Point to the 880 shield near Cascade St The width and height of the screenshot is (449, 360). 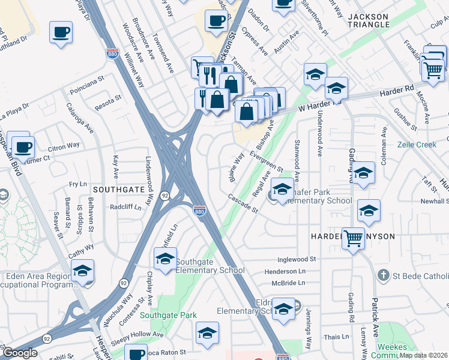[x=200, y=211]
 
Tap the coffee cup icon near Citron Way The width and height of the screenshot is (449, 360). [x=23, y=147]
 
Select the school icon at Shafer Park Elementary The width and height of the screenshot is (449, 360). [x=280, y=190]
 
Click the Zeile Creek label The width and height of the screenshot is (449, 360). [x=417, y=145]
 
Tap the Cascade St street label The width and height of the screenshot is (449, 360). [x=243, y=203]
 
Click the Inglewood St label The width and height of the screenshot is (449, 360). [x=297, y=259]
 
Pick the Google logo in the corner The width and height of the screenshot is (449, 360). [x=20, y=353]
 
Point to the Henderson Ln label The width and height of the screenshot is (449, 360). [x=285, y=271]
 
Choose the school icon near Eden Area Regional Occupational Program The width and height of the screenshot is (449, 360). [x=83, y=271]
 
